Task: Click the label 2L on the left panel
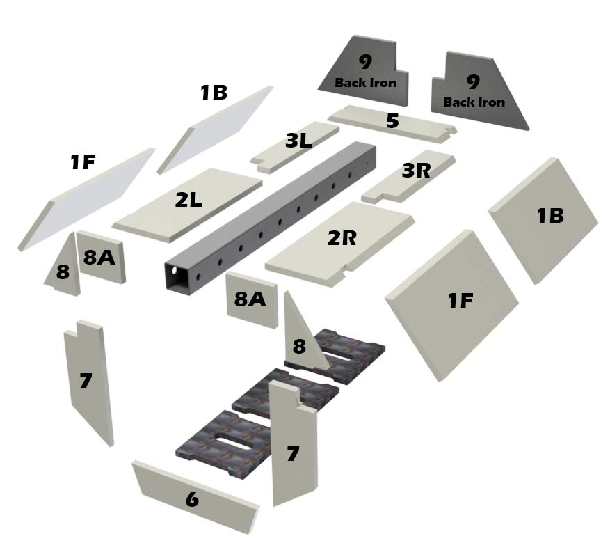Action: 188,201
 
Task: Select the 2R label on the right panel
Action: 342,238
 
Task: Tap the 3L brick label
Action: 298,141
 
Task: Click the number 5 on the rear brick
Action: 392,121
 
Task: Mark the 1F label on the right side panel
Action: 460,301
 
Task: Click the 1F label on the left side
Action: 83,163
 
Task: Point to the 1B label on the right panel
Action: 549,216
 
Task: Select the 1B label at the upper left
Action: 214,93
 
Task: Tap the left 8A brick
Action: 99,257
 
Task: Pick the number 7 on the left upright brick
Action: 86,381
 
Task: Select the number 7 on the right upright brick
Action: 293,454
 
